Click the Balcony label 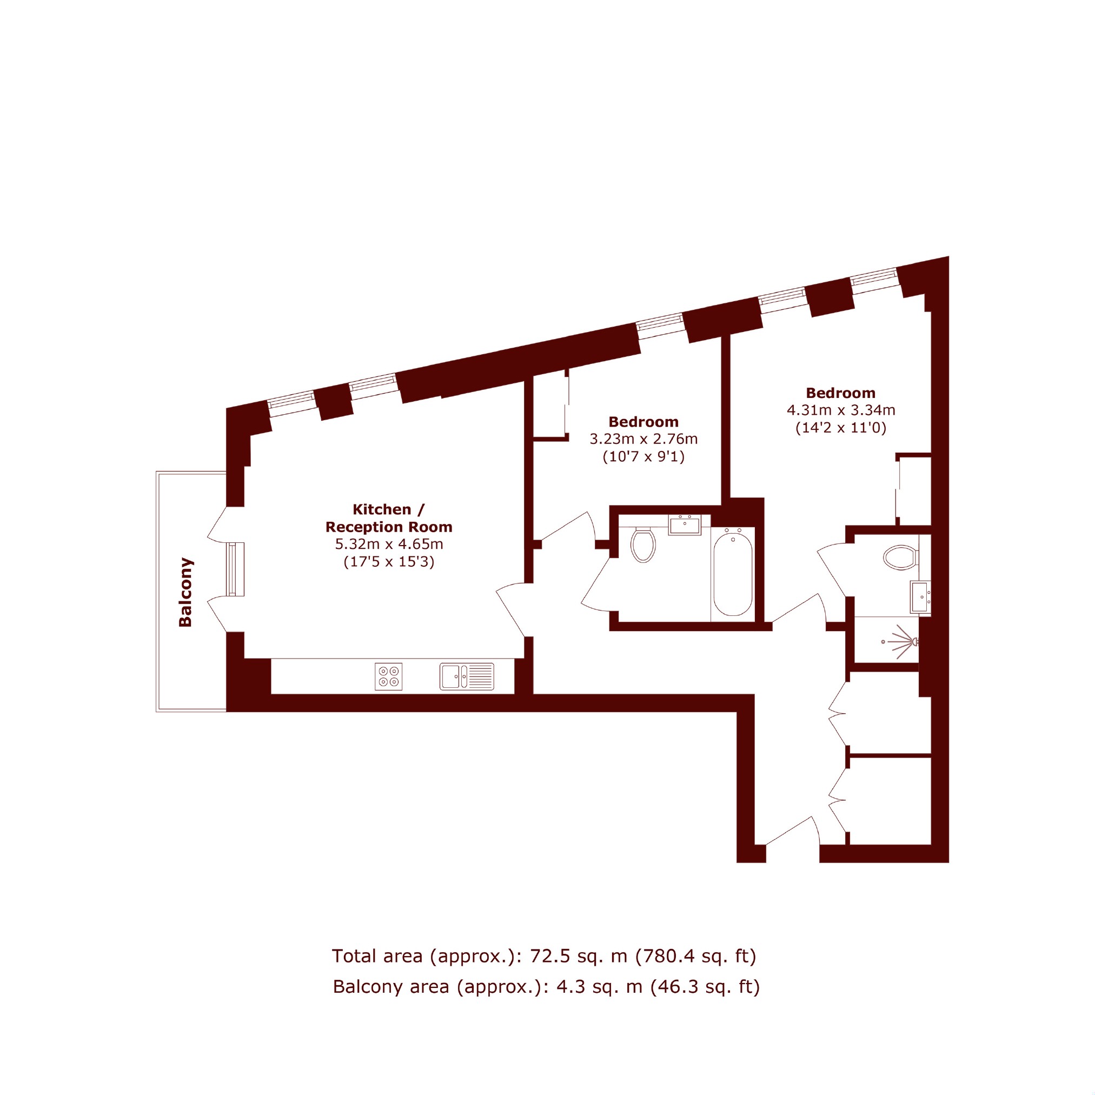(x=185, y=592)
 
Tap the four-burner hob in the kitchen (x=388, y=676)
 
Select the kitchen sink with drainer (x=467, y=676)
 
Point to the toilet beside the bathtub (x=643, y=545)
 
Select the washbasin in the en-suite (x=920, y=598)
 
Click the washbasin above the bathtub (x=685, y=525)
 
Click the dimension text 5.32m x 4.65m (x=389, y=544)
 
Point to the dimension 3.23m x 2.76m (x=643, y=439)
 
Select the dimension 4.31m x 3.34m (x=841, y=410)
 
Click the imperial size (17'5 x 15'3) (x=389, y=562)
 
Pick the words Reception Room (x=389, y=527)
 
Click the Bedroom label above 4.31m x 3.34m (x=840, y=393)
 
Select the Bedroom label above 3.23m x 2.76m (x=643, y=422)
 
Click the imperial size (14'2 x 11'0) (x=840, y=427)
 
